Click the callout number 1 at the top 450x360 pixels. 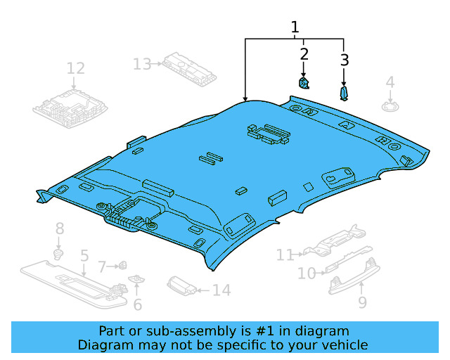(x=295, y=27)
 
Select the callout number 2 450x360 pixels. (x=304, y=54)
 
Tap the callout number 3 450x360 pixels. (x=344, y=60)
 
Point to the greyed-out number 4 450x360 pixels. (x=390, y=83)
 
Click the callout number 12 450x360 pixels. (x=75, y=68)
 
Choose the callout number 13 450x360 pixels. (x=142, y=65)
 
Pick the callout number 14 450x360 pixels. (x=221, y=290)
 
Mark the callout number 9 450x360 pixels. (x=362, y=303)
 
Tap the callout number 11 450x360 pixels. (x=284, y=255)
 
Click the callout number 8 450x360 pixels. (x=60, y=229)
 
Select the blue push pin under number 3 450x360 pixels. (x=344, y=94)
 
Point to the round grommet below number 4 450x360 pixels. (x=390, y=105)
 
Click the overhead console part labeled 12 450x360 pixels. (x=69, y=105)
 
